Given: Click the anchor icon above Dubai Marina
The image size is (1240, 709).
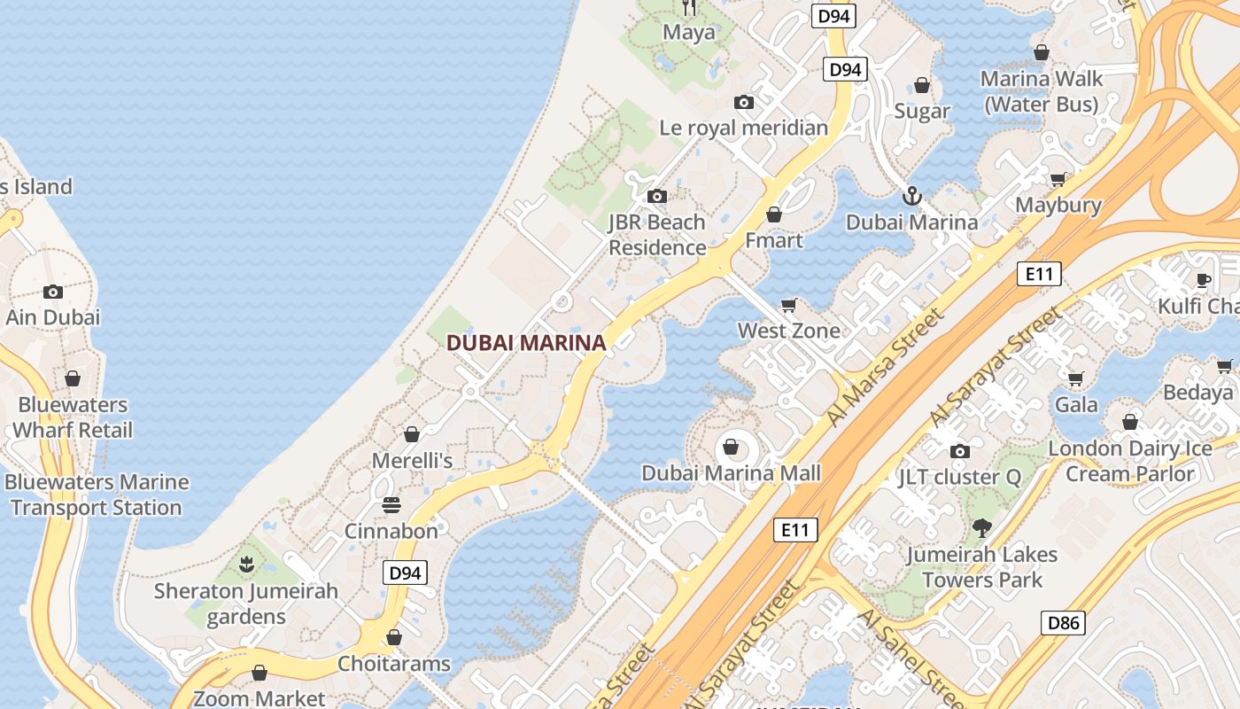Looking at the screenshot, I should click(x=911, y=195).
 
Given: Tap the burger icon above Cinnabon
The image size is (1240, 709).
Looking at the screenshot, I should click(x=391, y=505).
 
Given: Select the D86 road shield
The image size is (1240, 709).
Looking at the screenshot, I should click(x=1063, y=623).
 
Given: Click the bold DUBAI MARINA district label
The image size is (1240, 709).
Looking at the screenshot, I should click(x=526, y=343).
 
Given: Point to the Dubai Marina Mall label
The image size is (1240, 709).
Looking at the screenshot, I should click(x=731, y=473).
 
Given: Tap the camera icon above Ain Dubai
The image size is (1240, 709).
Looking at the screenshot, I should click(x=53, y=292).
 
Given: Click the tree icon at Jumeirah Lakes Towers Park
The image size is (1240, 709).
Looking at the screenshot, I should click(x=980, y=529).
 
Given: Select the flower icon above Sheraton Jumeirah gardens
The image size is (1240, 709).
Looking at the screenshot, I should click(x=246, y=564).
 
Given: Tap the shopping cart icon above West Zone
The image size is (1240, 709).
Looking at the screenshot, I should click(x=789, y=305).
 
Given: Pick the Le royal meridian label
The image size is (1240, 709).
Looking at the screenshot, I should click(x=744, y=128).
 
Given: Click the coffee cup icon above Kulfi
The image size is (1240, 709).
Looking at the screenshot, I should click(x=1203, y=280).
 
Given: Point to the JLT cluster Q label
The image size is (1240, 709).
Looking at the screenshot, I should click(x=959, y=477).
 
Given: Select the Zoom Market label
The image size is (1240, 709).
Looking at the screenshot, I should click(x=260, y=698).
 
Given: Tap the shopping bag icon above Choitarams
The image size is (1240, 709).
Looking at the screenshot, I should click(x=394, y=637).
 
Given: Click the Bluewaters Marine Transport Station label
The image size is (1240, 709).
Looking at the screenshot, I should click(x=97, y=495).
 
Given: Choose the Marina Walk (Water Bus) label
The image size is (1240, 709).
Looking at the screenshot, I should click(x=1042, y=91).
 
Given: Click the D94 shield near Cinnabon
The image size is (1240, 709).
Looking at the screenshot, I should click(x=405, y=573).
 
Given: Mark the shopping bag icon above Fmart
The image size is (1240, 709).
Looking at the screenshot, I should click(x=774, y=214).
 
